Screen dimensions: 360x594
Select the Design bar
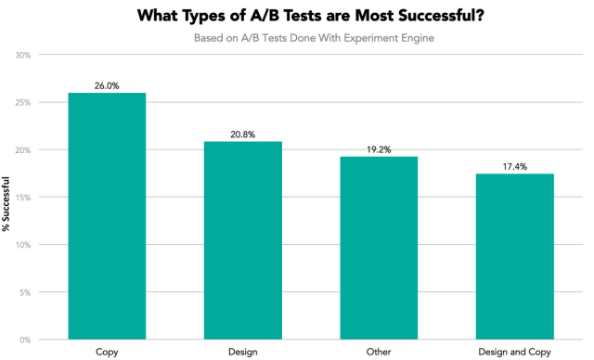(243, 240)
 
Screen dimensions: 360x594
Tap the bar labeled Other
(379, 248)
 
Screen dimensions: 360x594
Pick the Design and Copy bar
(514, 256)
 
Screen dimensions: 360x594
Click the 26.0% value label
(107, 85)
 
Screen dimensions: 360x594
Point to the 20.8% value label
(243, 135)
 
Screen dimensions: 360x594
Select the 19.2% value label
(379, 149)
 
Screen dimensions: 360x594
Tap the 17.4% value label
(514, 167)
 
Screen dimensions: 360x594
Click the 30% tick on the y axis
(23, 55)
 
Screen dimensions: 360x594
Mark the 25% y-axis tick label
(23, 102)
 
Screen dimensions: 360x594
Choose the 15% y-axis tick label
(23, 198)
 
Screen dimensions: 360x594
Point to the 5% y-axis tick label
(25, 292)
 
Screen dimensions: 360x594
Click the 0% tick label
(25, 340)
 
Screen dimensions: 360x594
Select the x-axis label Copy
(107, 352)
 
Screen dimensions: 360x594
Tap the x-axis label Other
(379, 352)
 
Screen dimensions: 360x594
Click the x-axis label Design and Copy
(514, 352)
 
